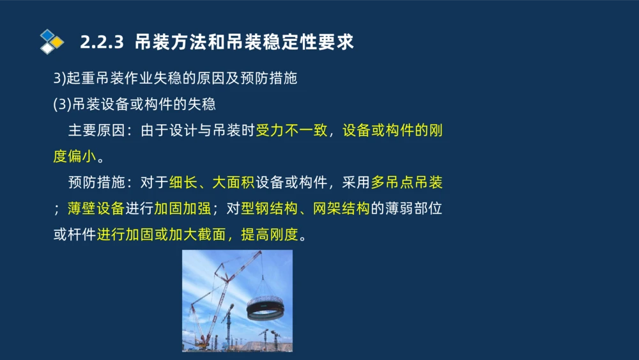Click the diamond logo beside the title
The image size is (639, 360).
[x=52, y=42]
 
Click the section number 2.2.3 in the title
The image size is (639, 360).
[x=101, y=43]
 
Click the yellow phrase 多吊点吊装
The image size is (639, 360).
[x=406, y=183]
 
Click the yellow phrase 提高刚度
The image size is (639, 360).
[x=269, y=235]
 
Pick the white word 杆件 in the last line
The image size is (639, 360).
[x=81, y=235]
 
